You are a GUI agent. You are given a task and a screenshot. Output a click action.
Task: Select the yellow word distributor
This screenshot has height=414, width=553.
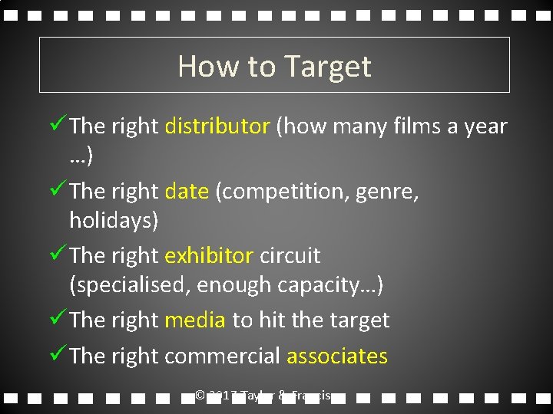[217, 126]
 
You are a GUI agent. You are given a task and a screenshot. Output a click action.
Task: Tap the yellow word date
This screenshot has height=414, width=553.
[187, 191]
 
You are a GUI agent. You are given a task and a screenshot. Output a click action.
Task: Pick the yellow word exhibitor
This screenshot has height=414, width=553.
[209, 255]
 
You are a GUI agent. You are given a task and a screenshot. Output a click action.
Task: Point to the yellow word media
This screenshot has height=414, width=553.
[195, 320]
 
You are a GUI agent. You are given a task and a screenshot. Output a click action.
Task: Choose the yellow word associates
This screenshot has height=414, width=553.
[337, 356]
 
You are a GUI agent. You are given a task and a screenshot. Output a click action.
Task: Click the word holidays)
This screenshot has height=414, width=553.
[114, 221]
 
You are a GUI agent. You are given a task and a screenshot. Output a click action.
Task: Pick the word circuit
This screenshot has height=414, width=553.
[290, 255]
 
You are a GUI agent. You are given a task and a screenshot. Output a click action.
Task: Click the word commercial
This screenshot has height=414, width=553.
[223, 356]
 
